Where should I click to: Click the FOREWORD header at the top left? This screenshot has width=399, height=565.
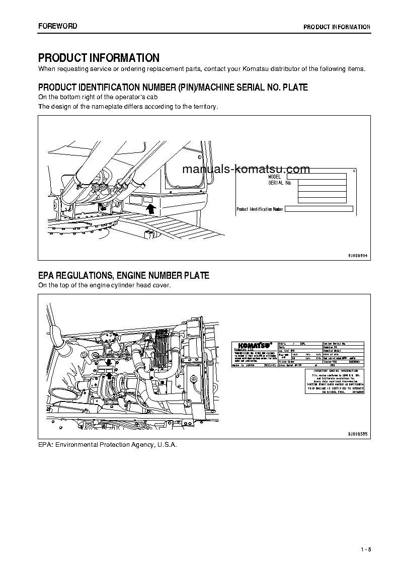coord(58,26)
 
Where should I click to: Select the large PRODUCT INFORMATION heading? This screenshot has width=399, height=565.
coord(99,58)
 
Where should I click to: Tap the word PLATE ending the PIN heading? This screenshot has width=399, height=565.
coord(295,88)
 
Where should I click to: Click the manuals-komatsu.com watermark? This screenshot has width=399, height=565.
coord(246,169)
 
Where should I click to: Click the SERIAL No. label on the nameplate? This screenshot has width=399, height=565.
coord(280,183)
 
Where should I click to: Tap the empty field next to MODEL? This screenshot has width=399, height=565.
coord(316,177)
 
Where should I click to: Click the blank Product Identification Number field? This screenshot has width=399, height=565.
coord(319,209)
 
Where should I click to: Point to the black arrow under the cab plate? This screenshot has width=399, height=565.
coord(150,208)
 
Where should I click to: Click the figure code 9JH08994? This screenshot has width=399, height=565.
coord(358,256)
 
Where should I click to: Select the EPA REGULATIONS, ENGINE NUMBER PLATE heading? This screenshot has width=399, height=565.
coord(124,276)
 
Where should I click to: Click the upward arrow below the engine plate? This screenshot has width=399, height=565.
coord(109,375)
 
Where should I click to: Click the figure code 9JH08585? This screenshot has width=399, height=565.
coord(358,433)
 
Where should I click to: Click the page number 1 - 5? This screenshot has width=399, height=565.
coord(365,549)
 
